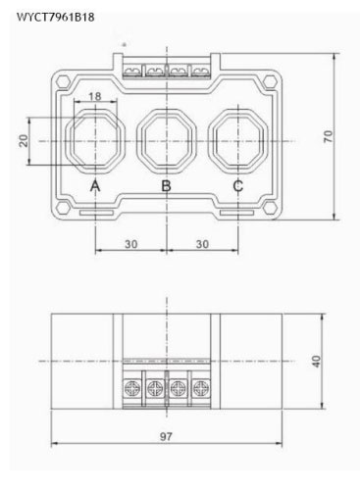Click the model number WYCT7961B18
(x=56, y=17)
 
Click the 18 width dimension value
(x=95, y=96)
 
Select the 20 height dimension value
(x=24, y=141)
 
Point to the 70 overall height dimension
(x=328, y=136)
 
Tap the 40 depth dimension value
(x=316, y=362)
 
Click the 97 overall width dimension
(x=166, y=436)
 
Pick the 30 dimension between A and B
(x=131, y=244)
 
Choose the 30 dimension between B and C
(x=202, y=244)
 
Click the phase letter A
(x=95, y=186)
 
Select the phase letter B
(x=167, y=186)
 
